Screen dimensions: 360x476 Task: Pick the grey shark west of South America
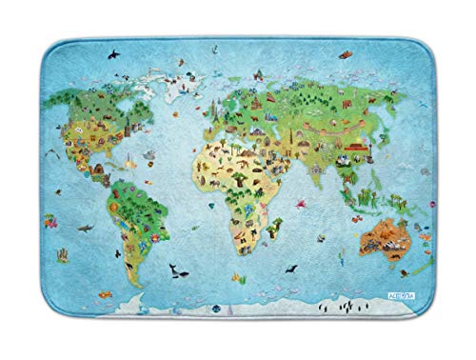(x=84, y=230)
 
